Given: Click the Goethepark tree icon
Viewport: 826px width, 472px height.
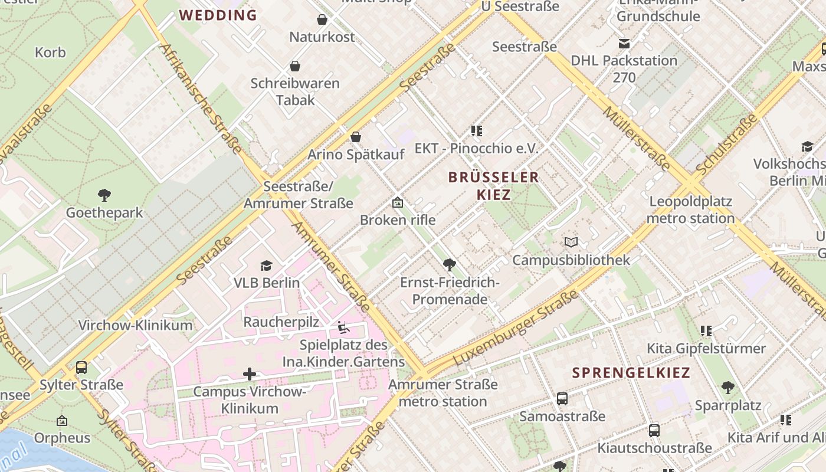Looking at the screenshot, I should (104, 195).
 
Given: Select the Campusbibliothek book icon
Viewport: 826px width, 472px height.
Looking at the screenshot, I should (571, 242).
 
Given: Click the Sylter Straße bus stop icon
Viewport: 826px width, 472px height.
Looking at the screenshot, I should (81, 368).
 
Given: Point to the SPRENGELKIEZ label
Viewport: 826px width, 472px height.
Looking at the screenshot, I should (631, 373).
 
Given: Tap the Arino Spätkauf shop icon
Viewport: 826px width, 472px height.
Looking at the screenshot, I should (356, 137).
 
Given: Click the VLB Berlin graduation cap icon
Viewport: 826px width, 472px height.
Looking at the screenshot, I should (266, 265).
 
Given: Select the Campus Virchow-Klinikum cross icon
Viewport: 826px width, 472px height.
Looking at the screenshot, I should (250, 373).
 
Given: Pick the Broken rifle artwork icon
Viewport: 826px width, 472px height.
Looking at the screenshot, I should (398, 202).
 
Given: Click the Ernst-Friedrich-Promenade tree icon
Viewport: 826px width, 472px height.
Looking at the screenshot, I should (450, 264).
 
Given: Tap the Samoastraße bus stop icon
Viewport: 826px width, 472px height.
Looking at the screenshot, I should (562, 399).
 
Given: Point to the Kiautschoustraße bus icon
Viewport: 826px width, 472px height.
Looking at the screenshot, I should (654, 430).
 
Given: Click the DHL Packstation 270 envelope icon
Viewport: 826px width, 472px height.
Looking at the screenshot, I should (624, 43).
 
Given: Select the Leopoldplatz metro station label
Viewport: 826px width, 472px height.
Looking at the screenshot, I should (690, 210).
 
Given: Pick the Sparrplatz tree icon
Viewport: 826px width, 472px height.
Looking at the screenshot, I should (727, 388).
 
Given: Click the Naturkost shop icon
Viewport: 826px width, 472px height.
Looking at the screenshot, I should (322, 19).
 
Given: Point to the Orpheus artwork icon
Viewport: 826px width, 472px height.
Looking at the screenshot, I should (62, 421).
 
